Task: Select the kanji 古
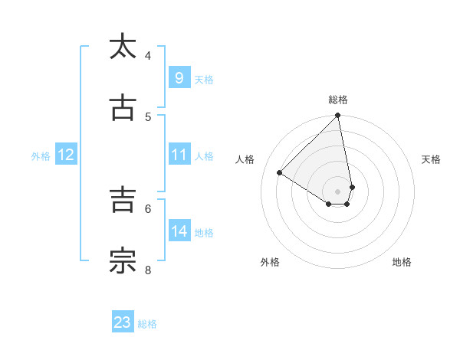coord(123,108)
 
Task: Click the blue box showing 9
coord(179,77)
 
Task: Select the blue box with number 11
coord(179,155)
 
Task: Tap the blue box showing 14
coord(179,231)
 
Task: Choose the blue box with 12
coord(65,155)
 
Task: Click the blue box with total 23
coord(123,322)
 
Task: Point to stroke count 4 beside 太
coord(148,55)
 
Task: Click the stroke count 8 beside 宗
coord(148,270)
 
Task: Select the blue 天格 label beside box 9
coord(204,79)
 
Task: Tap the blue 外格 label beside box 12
coord(41,156)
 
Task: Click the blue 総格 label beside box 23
coord(147,324)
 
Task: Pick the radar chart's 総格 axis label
coord(338,100)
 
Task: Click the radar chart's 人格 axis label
coord(245,159)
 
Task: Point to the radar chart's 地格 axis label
coord(402,262)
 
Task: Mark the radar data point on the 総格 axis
coord(338,116)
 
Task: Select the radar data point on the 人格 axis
coord(280,173)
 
